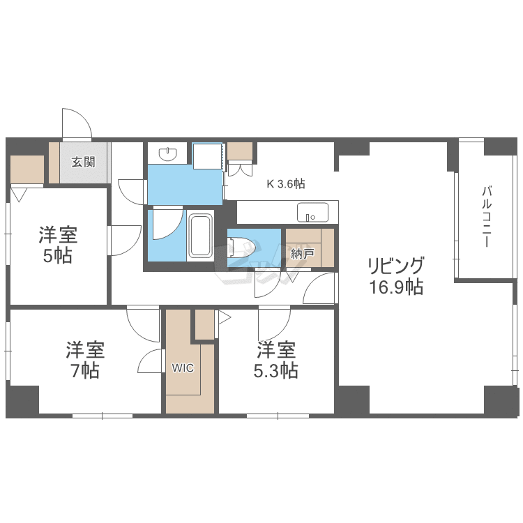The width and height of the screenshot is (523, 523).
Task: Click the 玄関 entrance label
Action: [x=84, y=162]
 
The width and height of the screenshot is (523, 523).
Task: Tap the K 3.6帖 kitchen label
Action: [x=286, y=183]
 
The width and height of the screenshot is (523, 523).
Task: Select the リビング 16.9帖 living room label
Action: [x=396, y=276]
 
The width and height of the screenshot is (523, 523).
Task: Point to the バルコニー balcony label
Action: [x=487, y=217]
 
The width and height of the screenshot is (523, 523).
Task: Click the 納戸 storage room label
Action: [x=302, y=254]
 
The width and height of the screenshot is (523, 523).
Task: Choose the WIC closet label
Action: [x=183, y=368]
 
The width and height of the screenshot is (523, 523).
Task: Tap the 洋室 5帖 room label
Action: [x=58, y=245]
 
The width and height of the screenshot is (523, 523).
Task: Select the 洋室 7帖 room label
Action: [x=85, y=360]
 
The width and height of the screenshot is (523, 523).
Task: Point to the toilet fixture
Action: [x=241, y=247]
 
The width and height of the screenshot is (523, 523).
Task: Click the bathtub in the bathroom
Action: [x=200, y=236]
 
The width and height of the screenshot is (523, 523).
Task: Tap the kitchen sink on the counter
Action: [x=312, y=212]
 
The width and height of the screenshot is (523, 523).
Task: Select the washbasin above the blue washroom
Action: [x=168, y=153]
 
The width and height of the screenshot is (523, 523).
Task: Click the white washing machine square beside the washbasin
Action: [x=208, y=156]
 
